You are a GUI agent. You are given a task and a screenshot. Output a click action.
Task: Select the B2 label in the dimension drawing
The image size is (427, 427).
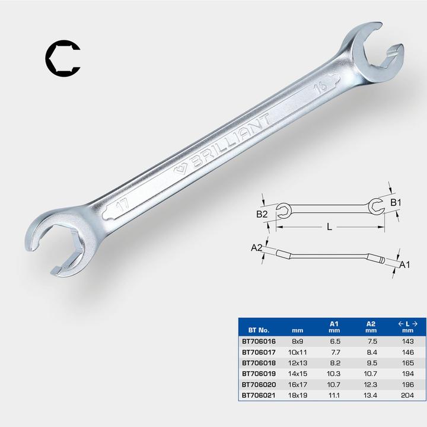[262, 215]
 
